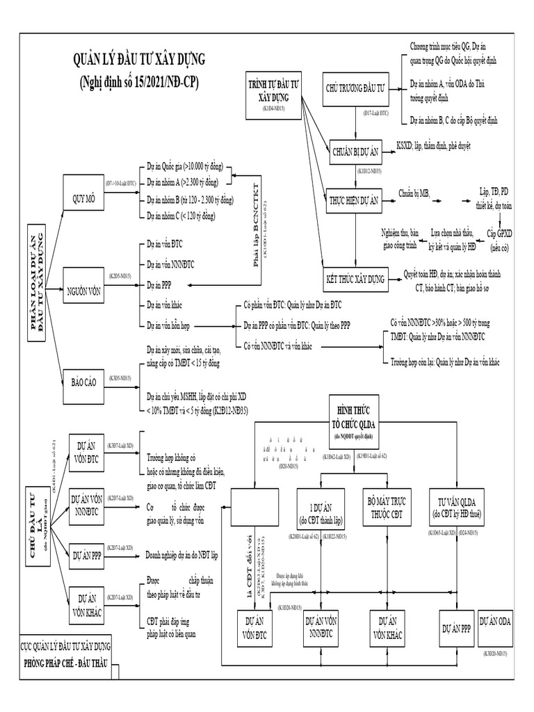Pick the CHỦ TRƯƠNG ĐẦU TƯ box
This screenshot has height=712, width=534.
click(355, 90)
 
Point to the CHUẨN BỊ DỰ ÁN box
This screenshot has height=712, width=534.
click(355, 149)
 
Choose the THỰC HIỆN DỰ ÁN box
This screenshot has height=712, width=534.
click(355, 200)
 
